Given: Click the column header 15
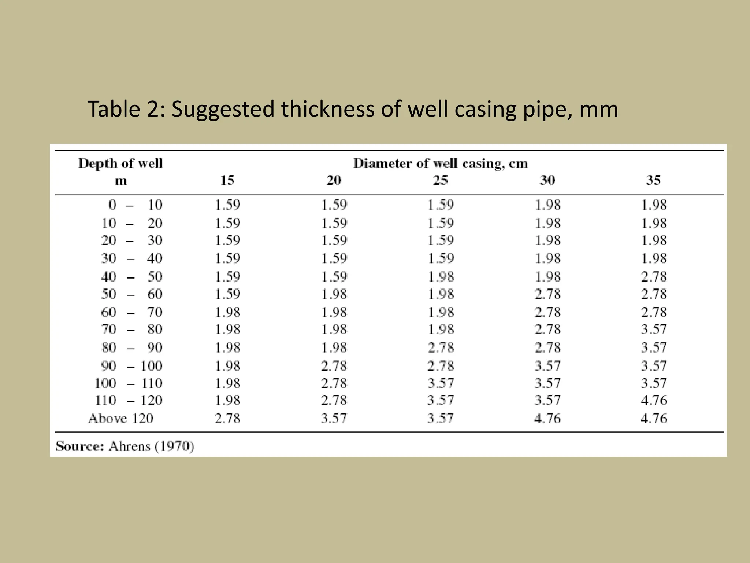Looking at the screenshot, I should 227,180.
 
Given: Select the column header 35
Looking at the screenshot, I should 653,180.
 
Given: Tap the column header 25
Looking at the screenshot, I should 441,180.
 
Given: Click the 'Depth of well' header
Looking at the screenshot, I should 120,163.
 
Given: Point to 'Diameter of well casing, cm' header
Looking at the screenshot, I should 441,163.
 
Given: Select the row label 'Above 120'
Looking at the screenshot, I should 120,419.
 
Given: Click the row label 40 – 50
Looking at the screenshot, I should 132,277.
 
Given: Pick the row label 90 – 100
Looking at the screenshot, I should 132,366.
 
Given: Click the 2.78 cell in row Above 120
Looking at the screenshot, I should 227,419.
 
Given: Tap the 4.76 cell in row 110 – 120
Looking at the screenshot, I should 654,400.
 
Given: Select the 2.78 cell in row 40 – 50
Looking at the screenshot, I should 654,277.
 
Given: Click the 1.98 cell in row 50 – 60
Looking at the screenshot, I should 334,294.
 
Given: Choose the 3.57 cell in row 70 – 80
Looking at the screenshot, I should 654,329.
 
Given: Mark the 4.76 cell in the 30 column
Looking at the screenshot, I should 547,419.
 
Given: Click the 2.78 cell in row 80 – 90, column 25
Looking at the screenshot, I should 441,347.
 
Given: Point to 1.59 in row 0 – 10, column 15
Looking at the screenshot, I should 227,205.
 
